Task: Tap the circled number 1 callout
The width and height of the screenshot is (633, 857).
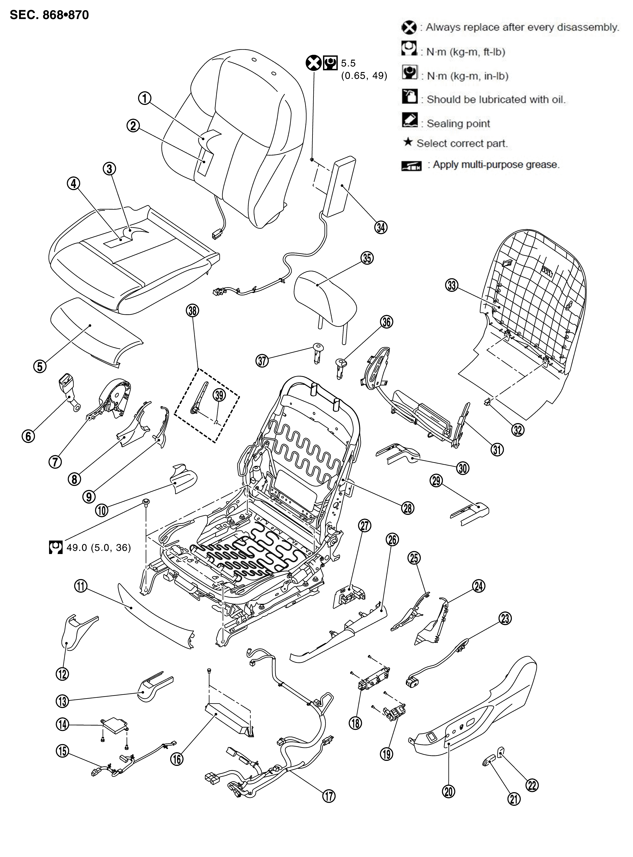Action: point(144,98)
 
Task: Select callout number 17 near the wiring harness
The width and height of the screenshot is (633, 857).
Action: point(329,796)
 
